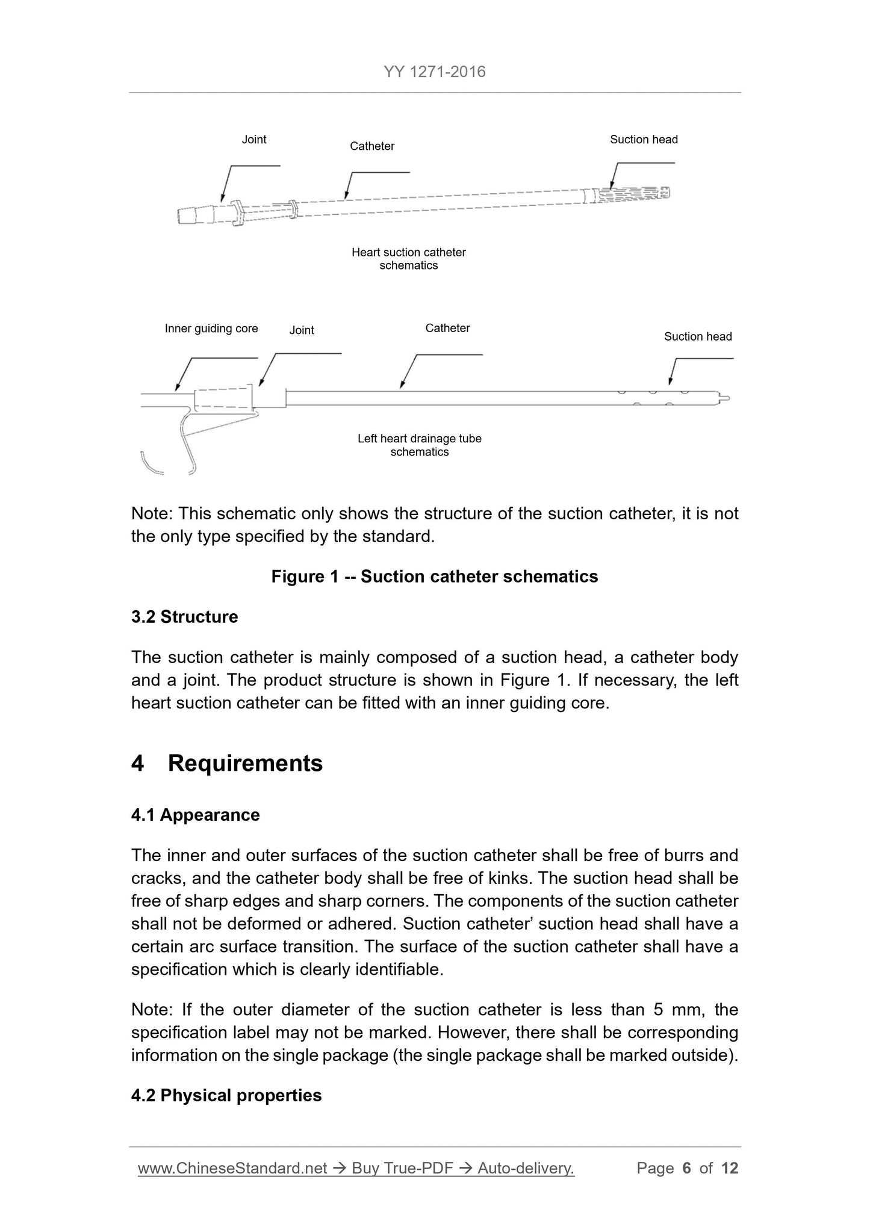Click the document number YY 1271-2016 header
pyautogui.click(x=434, y=72)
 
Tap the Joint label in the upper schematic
pyautogui.click(x=253, y=140)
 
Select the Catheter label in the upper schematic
pyautogui.click(x=372, y=146)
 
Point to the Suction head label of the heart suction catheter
pyautogui.click(x=644, y=140)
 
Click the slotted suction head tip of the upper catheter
pyautogui.click(x=632, y=194)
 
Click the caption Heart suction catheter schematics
pyautogui.click(x=408, y=259)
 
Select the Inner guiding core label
pyautogui.click(x=211, y=329)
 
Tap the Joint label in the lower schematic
pyautogui.click(x=302, y=330)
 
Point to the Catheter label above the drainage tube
pyautogui.click(x=447, y=328)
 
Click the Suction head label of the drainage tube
pyautogui.click(x=698, y=336)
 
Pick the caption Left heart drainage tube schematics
pyautogui.click(x=420, y=445)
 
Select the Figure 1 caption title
pyautogui.click(x=435, y=576)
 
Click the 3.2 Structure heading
pyautogui.click(x=184, y=617)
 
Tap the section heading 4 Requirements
pyautogui.click(x=227, y=763)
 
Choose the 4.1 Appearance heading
pyautogui.click(x=196, y=815)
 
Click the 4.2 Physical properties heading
pyautogui.click(x=226, y=1095)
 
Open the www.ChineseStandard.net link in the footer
pyautogui.click(x=232, y=1168)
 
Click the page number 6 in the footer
pyautogui.click(x=686, y=1168)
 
